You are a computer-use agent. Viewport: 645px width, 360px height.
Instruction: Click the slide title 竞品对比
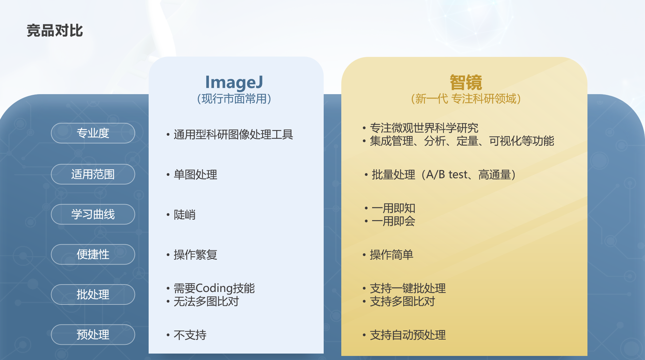[55, 30]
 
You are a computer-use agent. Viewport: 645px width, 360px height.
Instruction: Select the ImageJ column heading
[234, 82]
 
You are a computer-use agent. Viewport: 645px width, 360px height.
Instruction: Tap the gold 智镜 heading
[466, 82]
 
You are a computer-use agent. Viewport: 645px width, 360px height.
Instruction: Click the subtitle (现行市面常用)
[234, 99]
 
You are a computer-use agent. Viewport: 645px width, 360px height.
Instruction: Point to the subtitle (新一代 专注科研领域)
[466, 99]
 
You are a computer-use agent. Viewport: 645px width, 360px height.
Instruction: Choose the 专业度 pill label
[93, 133]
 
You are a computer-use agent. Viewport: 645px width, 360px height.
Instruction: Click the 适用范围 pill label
[93, 174]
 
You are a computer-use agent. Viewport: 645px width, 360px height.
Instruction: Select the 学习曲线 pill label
[93, 214]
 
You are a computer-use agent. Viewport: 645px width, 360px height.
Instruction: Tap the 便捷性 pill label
[93, 254]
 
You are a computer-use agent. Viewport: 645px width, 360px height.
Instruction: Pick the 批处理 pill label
[93, 294]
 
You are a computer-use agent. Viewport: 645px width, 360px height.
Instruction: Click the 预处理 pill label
[93, 335]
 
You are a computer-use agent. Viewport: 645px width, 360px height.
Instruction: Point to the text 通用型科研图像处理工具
[233, 134]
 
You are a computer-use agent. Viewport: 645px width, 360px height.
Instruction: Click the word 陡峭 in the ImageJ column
[185, 215]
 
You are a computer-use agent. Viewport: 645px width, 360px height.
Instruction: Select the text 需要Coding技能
[214, 288]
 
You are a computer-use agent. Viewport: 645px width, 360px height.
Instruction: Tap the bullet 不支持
[190, 335]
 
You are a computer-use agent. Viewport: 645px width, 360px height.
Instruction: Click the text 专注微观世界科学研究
[424, 128]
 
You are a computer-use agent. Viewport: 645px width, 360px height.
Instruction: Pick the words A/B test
[447, 174]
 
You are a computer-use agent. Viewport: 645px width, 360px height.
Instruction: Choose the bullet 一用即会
[393, 221]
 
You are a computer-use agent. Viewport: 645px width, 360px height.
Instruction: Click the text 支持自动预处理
[408, 335]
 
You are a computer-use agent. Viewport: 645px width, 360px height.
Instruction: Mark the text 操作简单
[391, 255]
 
